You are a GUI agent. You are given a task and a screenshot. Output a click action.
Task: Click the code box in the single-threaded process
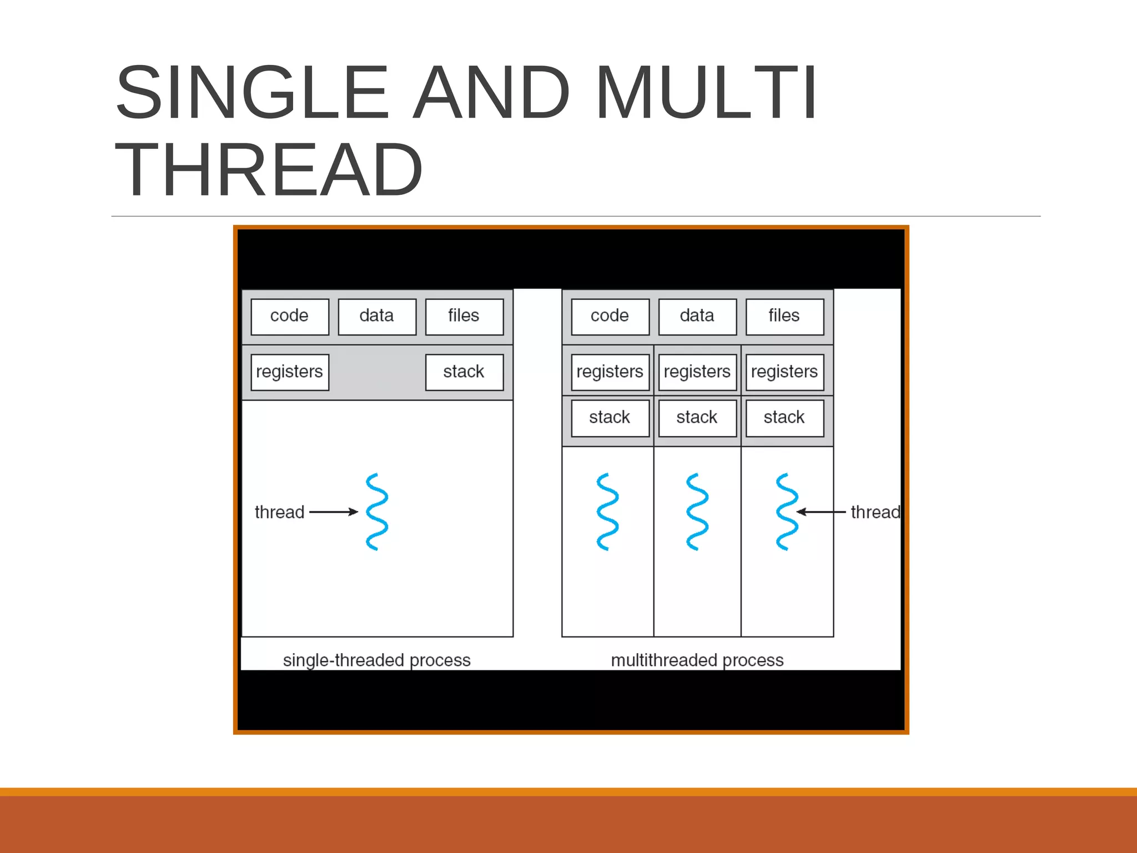(x=289, y=317)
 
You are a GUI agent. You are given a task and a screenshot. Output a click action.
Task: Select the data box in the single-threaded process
(x=377, y=317)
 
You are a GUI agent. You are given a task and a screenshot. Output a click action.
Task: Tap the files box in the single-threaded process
(x=464, y=317)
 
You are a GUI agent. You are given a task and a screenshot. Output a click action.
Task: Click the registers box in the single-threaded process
(x=289, y=372)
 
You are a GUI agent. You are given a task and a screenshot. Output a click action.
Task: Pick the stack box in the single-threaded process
(x=464, y=372)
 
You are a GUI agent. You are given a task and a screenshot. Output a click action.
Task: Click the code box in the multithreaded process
(x=610, y=317)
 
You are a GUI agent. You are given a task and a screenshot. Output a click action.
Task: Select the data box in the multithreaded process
(x=697, y=317)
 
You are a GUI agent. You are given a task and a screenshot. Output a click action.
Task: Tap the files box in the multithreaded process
(x=784, y=317)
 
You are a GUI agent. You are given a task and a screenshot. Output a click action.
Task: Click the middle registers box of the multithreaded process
(x=697, y=372)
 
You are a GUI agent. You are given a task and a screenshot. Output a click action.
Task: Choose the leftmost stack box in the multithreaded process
(x=610, y=418)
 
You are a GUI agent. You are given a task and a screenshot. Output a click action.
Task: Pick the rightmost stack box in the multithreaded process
(x=784, y=418)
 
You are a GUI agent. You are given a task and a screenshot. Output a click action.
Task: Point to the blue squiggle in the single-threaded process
(x=377, y=511)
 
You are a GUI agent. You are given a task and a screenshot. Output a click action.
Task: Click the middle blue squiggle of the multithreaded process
(x=697, y=511)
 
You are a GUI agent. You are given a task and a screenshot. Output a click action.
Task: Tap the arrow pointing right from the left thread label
(x=333, y=511)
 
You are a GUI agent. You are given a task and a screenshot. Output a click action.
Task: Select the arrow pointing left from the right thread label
(x=822, y=511)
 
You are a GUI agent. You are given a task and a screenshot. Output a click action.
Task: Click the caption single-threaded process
(x=377, y=660)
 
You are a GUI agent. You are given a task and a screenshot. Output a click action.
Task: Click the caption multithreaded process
(x=697, y=660)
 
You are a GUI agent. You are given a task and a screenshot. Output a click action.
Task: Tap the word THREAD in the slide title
(x=269, y=170)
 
